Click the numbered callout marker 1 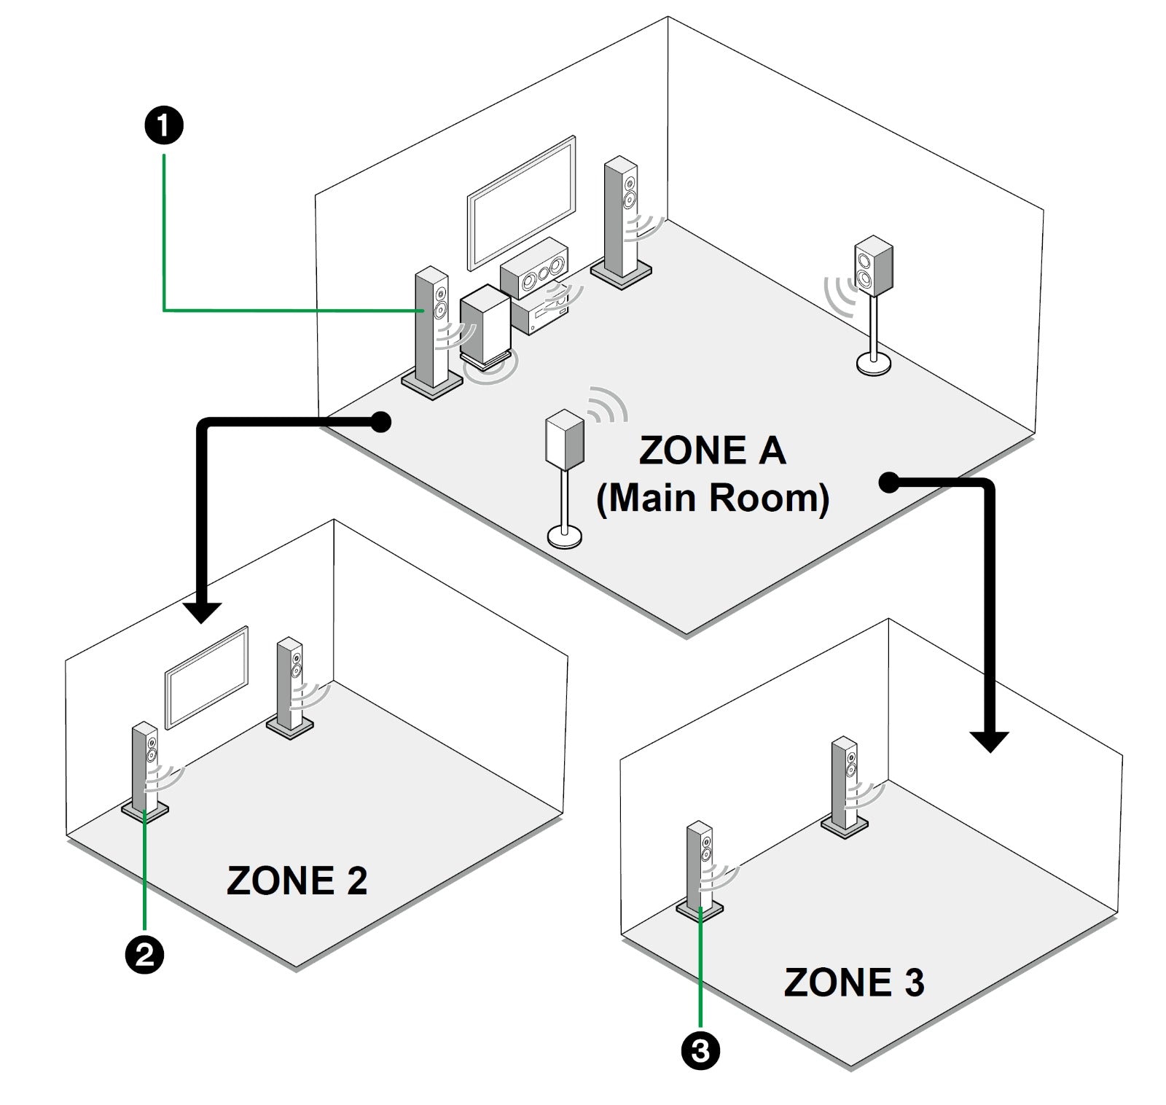pos(164,126)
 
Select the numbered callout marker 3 pos(700,1051)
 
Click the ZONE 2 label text pos(297,881)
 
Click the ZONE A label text pos(712,450)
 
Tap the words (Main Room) pos(712,499)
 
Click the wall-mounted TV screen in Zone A pos(521,201)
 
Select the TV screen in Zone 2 pos(207,677)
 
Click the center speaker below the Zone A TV pos(534,268)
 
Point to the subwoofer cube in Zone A pos(485,323)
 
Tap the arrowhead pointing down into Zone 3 pos(988,741)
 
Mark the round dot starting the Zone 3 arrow pos(888,482)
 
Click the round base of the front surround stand pos(565,537)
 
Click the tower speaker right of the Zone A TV pos(621,222)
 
